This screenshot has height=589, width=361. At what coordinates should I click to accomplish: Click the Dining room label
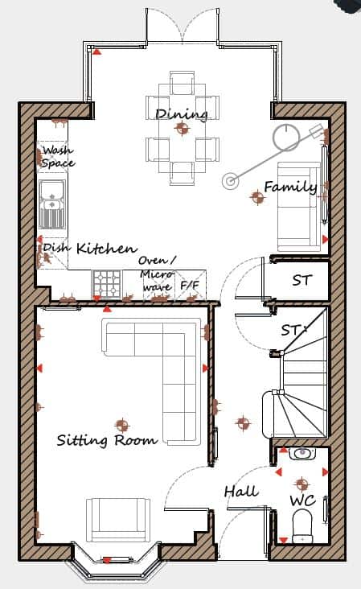(182, 114)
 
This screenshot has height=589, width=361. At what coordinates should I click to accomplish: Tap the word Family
(290, 187)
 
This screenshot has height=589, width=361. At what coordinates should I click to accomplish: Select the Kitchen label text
(107, 249)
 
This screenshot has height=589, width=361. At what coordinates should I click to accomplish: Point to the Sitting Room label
(107, 440)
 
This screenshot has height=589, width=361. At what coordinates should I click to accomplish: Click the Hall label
(241, 492)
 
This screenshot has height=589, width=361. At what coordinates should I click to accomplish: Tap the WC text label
(302, 500)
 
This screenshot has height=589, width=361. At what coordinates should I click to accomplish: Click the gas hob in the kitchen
(107, 283)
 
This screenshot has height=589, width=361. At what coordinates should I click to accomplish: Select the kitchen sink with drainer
(52, 204)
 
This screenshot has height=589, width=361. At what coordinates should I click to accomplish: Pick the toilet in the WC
(302, 525)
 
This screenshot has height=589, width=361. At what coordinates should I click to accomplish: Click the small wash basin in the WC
(302, 453)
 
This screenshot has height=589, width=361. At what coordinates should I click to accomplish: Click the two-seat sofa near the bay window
(118, 520)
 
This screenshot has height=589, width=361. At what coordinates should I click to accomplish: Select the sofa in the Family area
(299, 207)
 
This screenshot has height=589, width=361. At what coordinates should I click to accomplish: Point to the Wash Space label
(58, 157)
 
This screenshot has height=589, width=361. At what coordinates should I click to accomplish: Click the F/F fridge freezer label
(190, 286)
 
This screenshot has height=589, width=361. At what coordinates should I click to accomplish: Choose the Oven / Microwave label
(157, 274)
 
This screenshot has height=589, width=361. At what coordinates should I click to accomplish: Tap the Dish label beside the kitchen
(56, 248)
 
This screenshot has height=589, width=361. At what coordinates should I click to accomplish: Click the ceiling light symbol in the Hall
(243, 423)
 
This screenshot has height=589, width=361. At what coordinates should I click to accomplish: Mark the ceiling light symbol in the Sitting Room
(122, 426)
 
